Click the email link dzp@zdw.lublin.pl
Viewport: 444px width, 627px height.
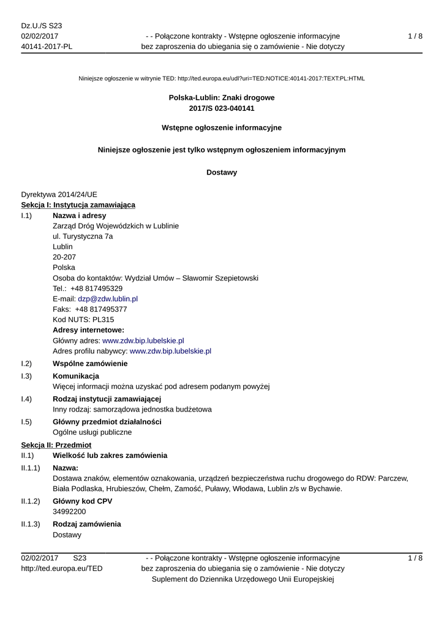pos(108,299)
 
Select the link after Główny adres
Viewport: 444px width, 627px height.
pos(143,340)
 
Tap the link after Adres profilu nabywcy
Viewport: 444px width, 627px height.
pos(170,351)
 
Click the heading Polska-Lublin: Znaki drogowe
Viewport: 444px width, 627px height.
pos(222,97)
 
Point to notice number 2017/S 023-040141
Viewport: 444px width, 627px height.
pos(222,108)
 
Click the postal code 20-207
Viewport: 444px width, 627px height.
pos(64,257)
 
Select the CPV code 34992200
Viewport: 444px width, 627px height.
pos(69,511)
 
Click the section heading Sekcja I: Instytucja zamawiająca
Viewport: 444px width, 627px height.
pos(78,205)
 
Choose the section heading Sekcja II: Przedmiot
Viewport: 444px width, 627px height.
pos(56,445)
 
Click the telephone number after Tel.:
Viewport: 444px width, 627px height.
pos(96,288)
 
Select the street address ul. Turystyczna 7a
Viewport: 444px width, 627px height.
pos(83,236)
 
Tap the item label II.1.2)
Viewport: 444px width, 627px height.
pos(31,501)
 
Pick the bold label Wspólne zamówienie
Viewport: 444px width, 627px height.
pos(90,364)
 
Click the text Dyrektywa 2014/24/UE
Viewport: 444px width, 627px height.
pos(59,194)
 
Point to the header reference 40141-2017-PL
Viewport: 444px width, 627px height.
pos(47,47)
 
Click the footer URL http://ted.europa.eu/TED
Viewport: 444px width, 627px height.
pos(62,568)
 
